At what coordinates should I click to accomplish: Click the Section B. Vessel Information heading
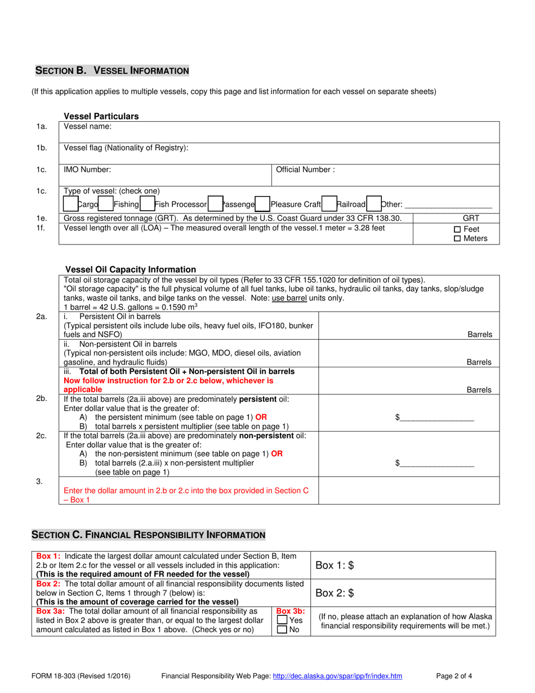click(113, 70)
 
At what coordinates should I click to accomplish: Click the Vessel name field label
click(88, 127)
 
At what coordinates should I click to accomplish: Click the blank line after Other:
click(448, 206)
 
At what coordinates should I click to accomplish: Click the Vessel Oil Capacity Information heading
click(131, 269)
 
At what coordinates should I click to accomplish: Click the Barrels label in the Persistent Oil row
click(480, 334)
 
